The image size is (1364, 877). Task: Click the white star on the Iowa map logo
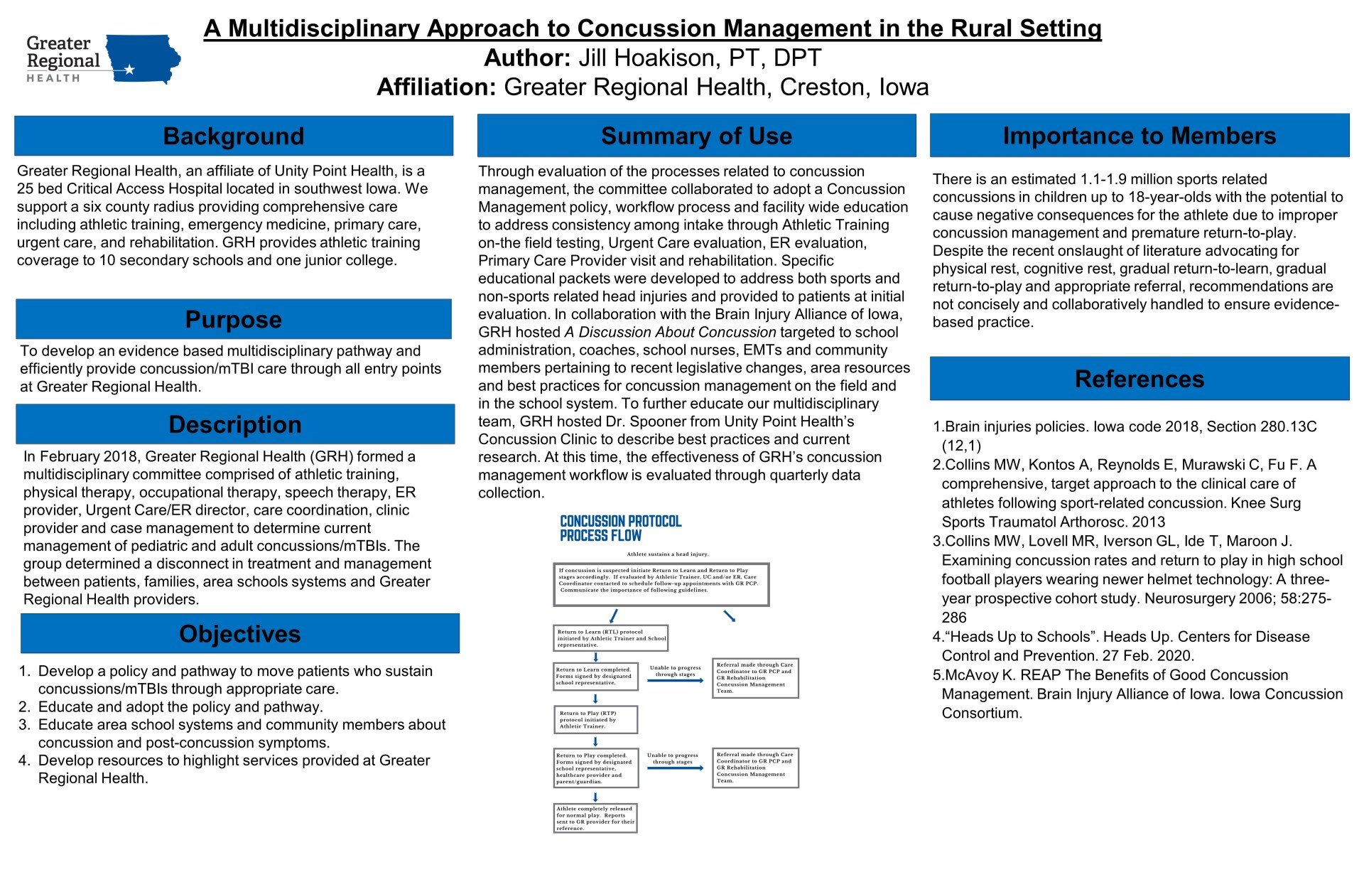pos(129,70)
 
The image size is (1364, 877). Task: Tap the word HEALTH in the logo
pos(53,78)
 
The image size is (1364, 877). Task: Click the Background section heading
pos(233,136)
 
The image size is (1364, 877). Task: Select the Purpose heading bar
pos(233,319)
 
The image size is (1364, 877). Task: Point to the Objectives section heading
pos(239,633)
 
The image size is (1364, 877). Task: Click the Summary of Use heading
pos(696,136)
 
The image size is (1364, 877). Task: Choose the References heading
pos(1139,379)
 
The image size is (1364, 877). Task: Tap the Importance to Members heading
pos(1139,136)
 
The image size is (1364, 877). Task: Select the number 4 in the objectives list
pos(24,760)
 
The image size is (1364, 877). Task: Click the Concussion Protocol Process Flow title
pos(620,528)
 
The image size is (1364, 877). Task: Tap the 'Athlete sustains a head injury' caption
pos(667,554)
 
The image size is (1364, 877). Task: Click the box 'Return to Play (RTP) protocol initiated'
pos(595,719)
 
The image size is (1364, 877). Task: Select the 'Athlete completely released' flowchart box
pos(595,818)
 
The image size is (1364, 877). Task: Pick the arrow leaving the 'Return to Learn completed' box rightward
pos(675,681)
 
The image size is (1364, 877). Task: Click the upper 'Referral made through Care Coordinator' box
pos(755,678)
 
